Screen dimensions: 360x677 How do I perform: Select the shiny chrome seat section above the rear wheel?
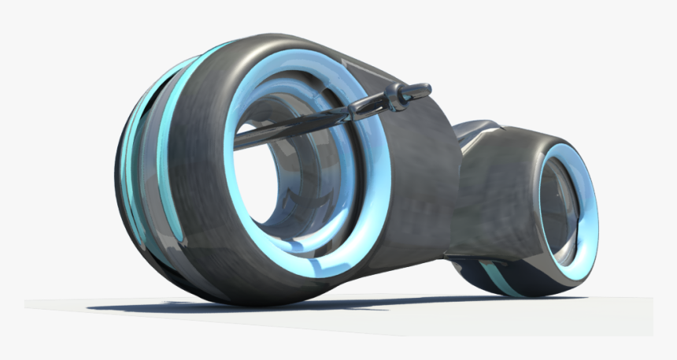pos(476,130)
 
